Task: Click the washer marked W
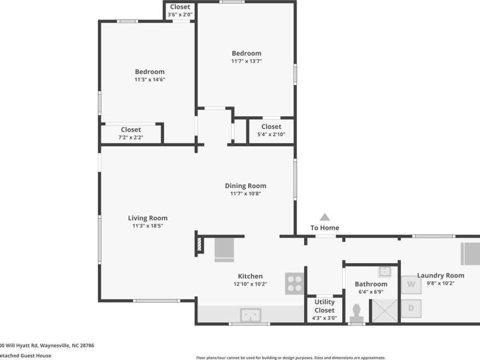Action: [411, 284]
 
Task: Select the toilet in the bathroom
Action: [357, 312]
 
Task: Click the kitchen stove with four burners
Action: [294, 284]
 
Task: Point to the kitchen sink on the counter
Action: [251, 314]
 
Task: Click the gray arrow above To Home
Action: [325, 217]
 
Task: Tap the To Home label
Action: [325, 228]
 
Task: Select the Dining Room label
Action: [245, 186]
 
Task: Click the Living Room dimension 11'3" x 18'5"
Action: [147, 226]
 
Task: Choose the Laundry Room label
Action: [440, 276]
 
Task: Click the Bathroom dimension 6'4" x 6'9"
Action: [371, 292]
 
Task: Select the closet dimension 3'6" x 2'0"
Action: [180, 15]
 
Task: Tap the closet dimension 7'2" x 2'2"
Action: [130, 138]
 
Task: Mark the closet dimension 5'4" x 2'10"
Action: [271, 134]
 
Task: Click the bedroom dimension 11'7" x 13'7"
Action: [246, 61]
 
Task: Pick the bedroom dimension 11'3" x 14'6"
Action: [149, 80]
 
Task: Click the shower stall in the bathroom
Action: [384, 310]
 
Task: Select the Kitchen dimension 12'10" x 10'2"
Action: [250, 284]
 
